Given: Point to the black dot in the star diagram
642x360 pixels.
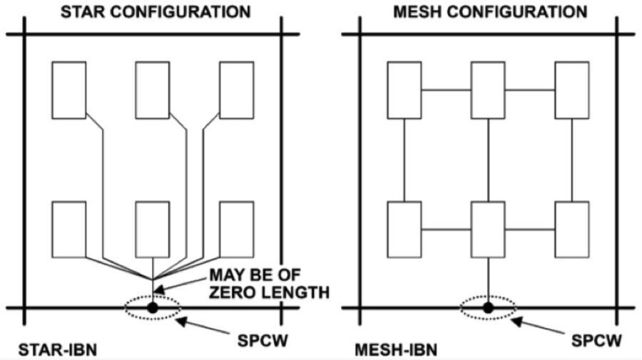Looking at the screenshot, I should point(152,308).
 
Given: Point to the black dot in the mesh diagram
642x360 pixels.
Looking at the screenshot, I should point(488,308).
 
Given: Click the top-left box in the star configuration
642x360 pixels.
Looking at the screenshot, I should point(68,89).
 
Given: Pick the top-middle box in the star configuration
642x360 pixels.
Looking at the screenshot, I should point(152,89).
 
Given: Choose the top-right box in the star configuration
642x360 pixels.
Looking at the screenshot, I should point(236,89).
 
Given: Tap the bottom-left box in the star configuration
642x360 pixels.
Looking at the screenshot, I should point(68,229).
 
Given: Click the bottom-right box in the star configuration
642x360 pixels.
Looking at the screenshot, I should point(236,229).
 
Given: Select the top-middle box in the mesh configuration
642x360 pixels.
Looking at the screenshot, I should point(488,89).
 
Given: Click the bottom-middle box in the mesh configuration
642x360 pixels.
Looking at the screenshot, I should point(488,229).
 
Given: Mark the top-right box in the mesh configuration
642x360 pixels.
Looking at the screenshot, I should point(572,89).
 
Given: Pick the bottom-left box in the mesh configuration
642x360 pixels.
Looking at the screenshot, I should point(404,229).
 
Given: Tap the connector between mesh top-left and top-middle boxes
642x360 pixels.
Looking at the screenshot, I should point(446,90).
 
